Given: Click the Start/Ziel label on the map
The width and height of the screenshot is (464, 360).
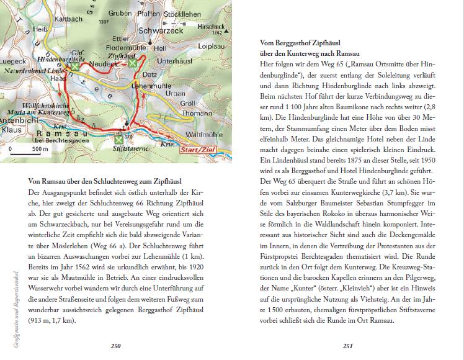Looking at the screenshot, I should (x=197, y=150).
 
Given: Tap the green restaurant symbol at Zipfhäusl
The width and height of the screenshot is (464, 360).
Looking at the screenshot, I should (x=132, y=63).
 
